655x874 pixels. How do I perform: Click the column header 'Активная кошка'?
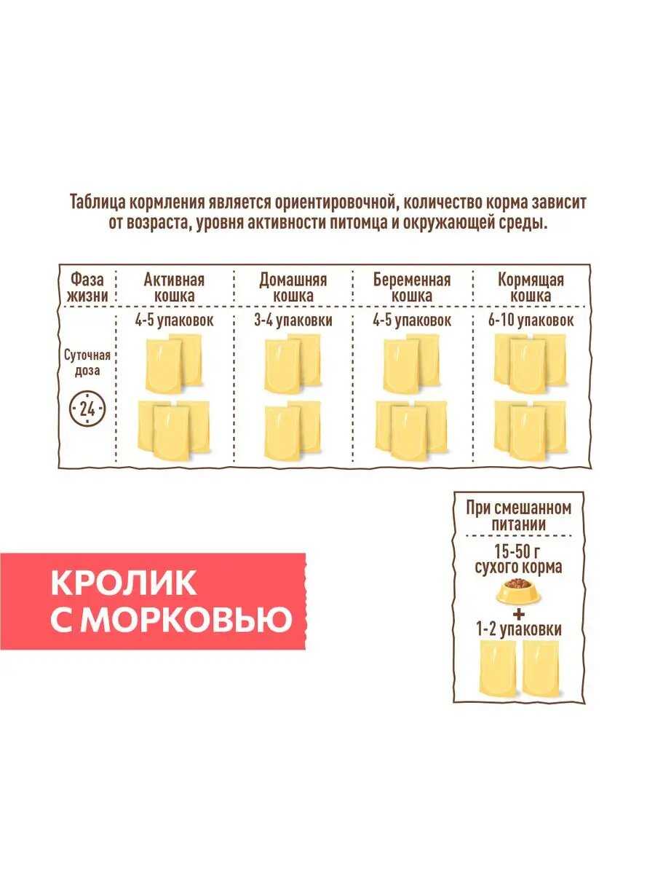(174, 288)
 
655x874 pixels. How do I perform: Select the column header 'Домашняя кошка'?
(293, 288)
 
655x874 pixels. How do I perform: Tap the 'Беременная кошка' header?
(412, 288)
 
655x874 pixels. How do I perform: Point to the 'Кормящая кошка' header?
(531, 288)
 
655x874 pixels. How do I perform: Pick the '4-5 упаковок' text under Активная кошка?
(174, 320)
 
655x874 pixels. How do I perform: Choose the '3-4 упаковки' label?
(293, 320)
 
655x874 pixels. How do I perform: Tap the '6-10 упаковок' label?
(531, 320)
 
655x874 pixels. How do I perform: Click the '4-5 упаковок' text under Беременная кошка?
(412, 320)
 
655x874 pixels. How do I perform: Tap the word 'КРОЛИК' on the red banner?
(124, 583)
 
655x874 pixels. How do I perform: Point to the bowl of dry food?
(519, 591)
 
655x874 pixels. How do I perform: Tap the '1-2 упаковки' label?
(519, 629)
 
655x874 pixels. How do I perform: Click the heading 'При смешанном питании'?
(519, 515)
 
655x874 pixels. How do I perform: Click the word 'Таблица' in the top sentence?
(99, 202)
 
